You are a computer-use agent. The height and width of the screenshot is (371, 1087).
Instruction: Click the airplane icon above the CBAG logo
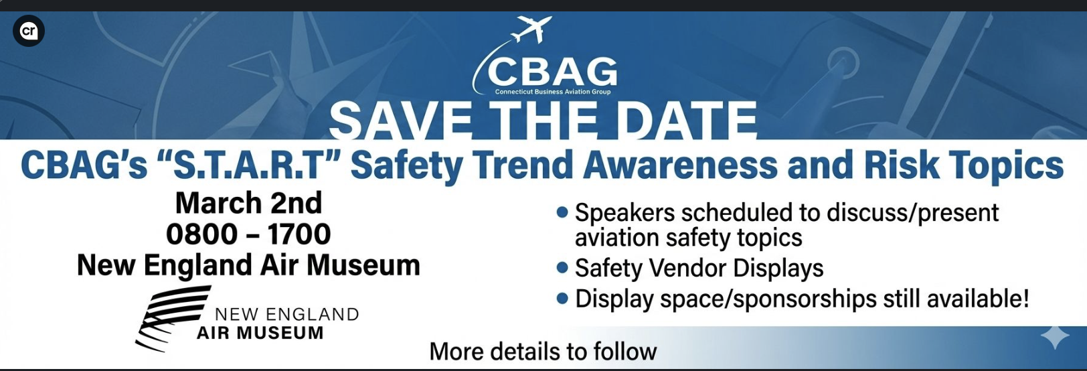click(532, 29)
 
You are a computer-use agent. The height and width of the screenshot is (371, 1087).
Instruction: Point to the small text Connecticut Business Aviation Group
click(553, 92)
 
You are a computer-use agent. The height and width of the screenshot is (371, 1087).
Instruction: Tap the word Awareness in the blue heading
click(680, 165)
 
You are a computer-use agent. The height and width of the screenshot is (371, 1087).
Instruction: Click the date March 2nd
click(248, 203)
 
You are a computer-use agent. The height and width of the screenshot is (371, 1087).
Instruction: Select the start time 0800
click(201, 234)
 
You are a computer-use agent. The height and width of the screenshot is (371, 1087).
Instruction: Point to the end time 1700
click(299, 234)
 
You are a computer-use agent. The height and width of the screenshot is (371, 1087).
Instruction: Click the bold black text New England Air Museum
click(248, 265)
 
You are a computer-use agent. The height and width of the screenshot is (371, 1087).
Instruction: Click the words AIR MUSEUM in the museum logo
click(260, 333)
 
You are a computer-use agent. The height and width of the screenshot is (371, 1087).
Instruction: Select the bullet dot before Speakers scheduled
click(562, 213)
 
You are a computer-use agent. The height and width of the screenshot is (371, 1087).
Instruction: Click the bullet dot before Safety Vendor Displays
click(562, 268)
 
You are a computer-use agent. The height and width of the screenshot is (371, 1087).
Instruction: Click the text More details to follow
click(543, 352)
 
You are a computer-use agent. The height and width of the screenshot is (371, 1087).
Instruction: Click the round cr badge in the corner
click(29, 31)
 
